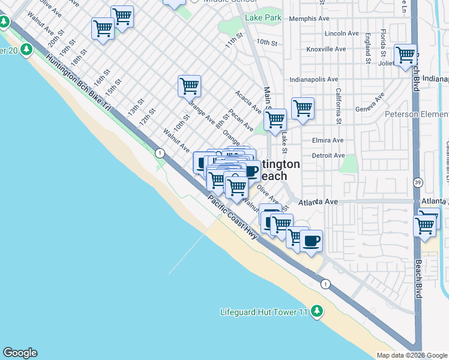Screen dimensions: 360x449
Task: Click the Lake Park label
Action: tap(263, 19)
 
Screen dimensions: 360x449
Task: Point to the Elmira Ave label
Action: tap(328, 140)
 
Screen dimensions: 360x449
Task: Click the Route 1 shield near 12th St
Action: tap(160, 154)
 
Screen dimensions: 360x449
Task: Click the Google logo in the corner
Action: tap(20, 353)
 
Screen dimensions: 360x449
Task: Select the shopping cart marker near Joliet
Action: tap(406, 55)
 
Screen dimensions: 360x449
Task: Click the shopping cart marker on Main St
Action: tap(275, 119)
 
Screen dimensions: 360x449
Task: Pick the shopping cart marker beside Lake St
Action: tap(303, 109)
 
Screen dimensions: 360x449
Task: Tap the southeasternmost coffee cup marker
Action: tap(311, 241)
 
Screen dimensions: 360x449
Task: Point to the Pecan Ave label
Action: tap(241, 121)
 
